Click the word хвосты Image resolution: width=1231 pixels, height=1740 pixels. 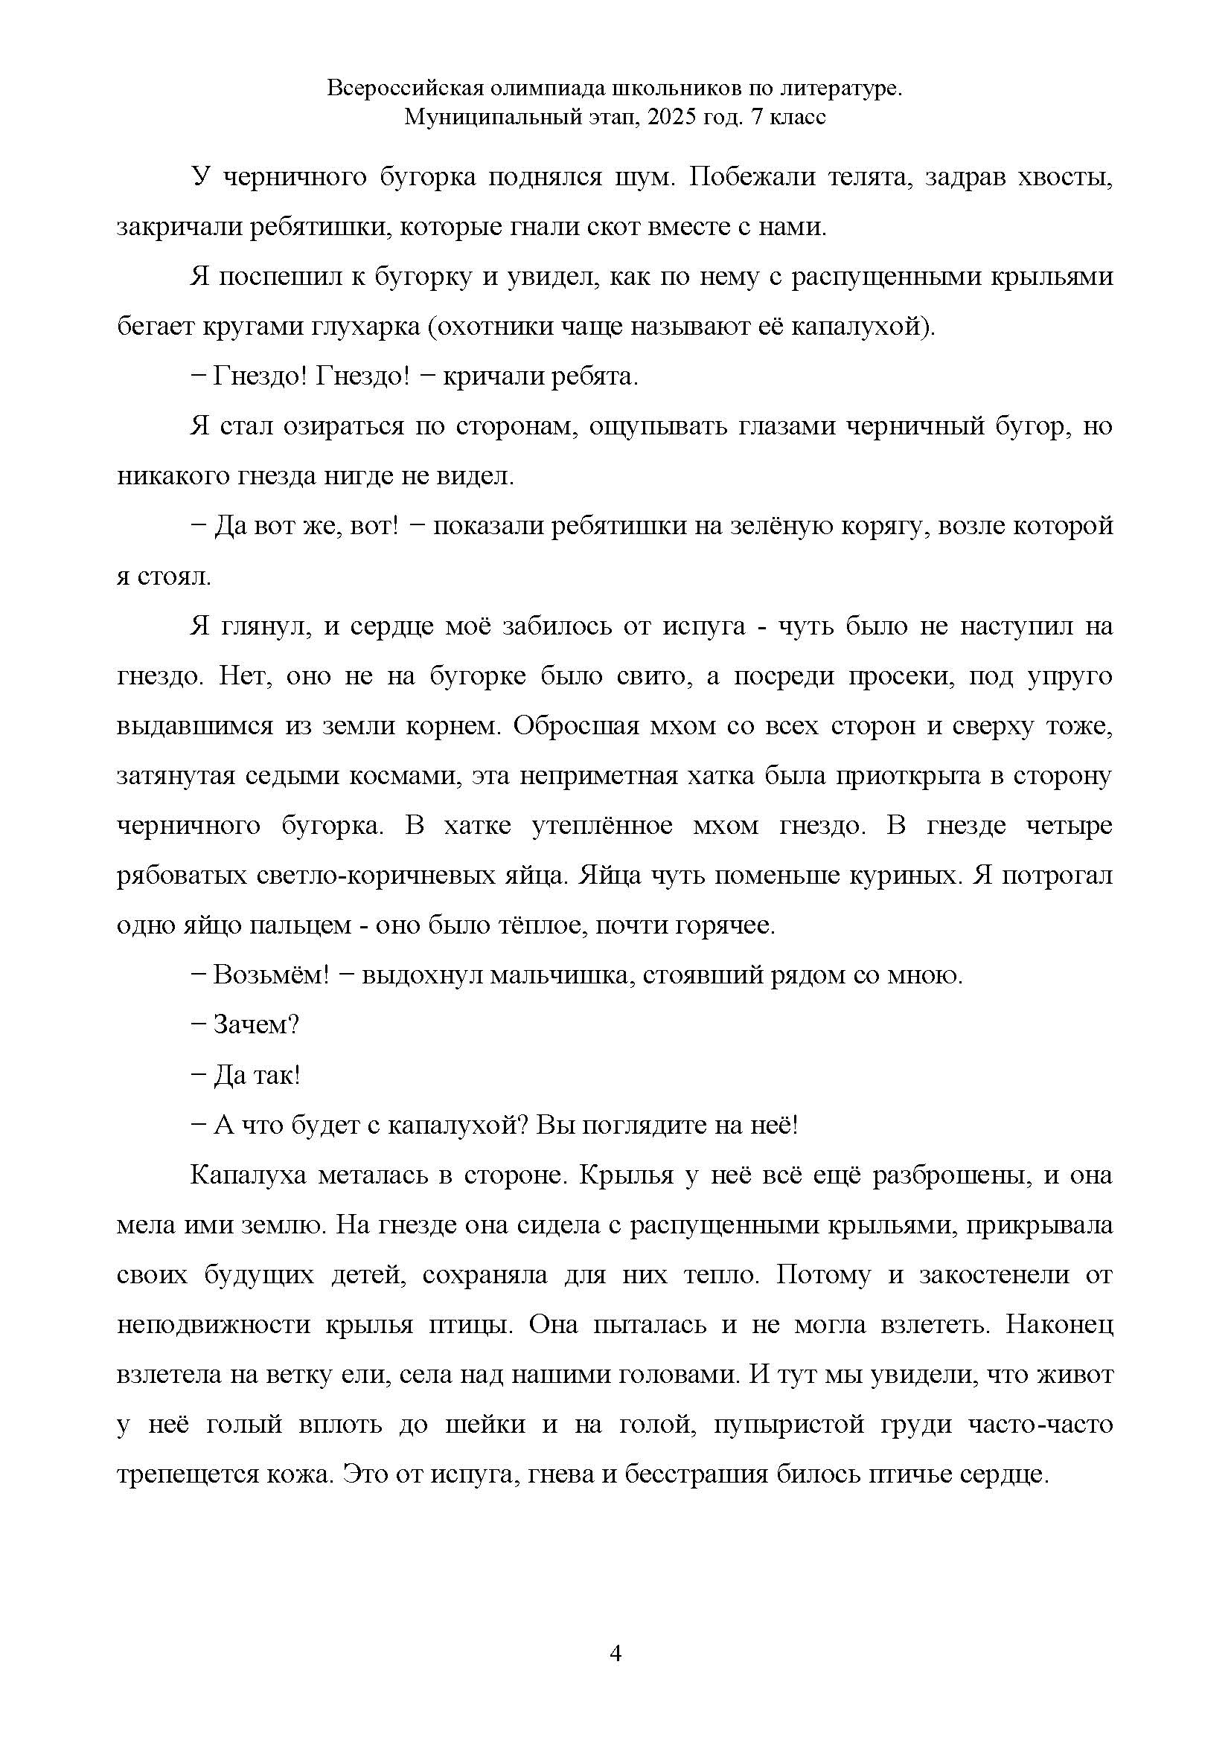point(1069,177)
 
